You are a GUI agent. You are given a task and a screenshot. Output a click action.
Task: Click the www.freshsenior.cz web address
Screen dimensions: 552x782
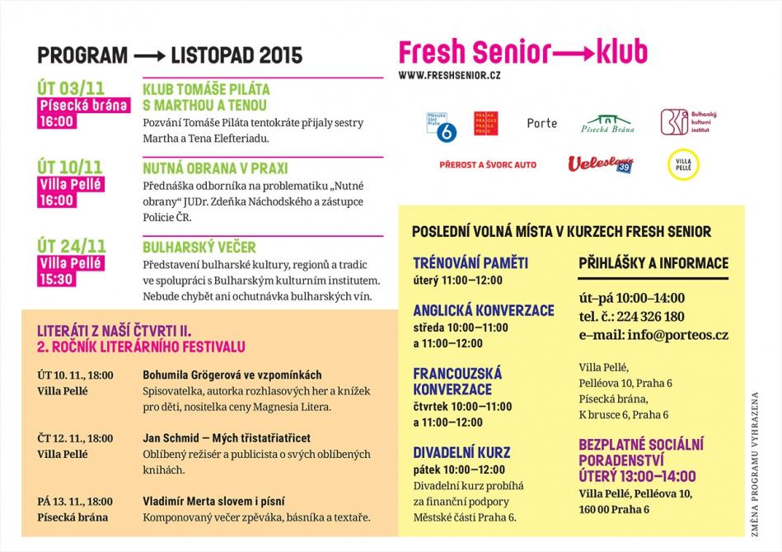[449, 76]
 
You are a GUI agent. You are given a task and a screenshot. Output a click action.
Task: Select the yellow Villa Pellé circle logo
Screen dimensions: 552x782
[683, 164]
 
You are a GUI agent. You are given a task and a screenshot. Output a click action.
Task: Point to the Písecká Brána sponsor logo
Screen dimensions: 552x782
[607, 124]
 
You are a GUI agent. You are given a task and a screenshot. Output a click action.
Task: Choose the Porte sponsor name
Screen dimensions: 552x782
[541, 124]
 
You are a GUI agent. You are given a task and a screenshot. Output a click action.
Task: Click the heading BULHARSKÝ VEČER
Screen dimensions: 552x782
[199, 247]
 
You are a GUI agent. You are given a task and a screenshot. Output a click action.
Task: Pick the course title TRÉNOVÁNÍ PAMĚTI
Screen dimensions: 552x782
[471, 263]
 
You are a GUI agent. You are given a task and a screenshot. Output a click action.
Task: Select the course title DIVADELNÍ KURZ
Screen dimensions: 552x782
[461, 452]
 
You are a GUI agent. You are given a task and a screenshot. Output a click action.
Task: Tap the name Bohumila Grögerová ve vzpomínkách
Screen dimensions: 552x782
[232, 375]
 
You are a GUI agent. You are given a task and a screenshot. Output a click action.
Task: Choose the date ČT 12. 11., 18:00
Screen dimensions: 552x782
[75, 438]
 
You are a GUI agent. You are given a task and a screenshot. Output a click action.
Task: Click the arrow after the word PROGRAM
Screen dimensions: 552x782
[149, 56]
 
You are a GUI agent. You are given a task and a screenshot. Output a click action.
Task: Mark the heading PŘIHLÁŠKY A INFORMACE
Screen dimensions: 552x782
[653, 263]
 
